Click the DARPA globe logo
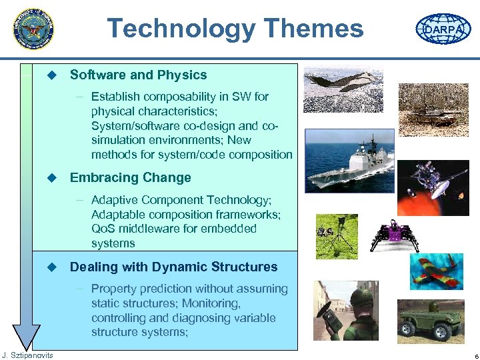[443, 29]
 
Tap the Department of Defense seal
[33, 29]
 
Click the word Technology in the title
[181, 29]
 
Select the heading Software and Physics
[138, 75]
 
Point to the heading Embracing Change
[130, 178]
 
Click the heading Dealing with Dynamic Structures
[173, 267]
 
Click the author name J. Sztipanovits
[27, 355]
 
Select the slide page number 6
[471, 355]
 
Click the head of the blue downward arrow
[27, 336]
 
